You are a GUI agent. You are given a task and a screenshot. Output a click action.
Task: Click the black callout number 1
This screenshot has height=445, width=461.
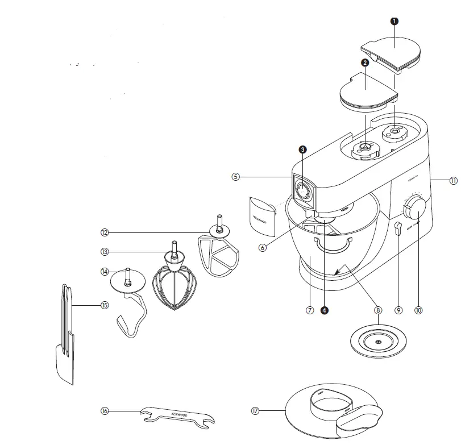click(x=394, y=21)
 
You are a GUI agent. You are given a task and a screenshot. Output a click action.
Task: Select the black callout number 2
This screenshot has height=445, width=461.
click(x=366, y=63)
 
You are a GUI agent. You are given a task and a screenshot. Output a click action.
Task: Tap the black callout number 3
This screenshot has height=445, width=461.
click(x=303, y=149)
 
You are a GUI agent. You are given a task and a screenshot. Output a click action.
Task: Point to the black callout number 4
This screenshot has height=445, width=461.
click(x=324, y=310)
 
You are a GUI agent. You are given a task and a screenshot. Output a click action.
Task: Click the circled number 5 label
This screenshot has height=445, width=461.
click(x=236, y=177)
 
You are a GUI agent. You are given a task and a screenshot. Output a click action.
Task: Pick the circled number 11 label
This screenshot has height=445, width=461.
click(x=453, y=181)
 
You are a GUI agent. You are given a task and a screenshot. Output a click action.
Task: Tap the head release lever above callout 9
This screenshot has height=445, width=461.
click(x=398, y=228)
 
